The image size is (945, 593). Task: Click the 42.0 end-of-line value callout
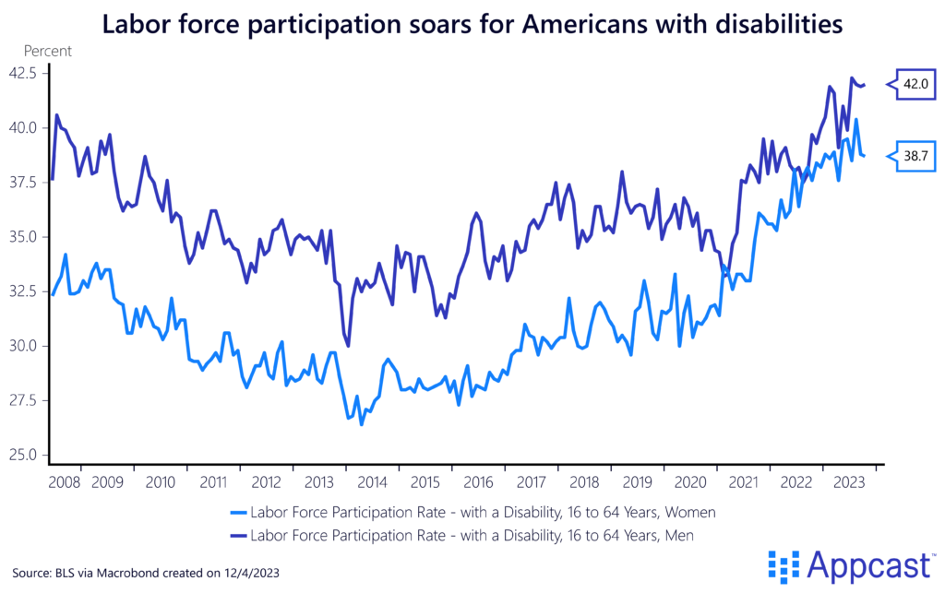click(915, 84)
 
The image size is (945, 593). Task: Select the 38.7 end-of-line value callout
click(915, 157)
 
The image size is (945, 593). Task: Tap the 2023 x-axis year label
click(847, 481)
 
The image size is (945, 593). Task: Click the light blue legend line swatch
click(239, 511)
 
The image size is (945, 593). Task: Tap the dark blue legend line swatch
click(239, 533)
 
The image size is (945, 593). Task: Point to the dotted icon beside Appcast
click(782, 564)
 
